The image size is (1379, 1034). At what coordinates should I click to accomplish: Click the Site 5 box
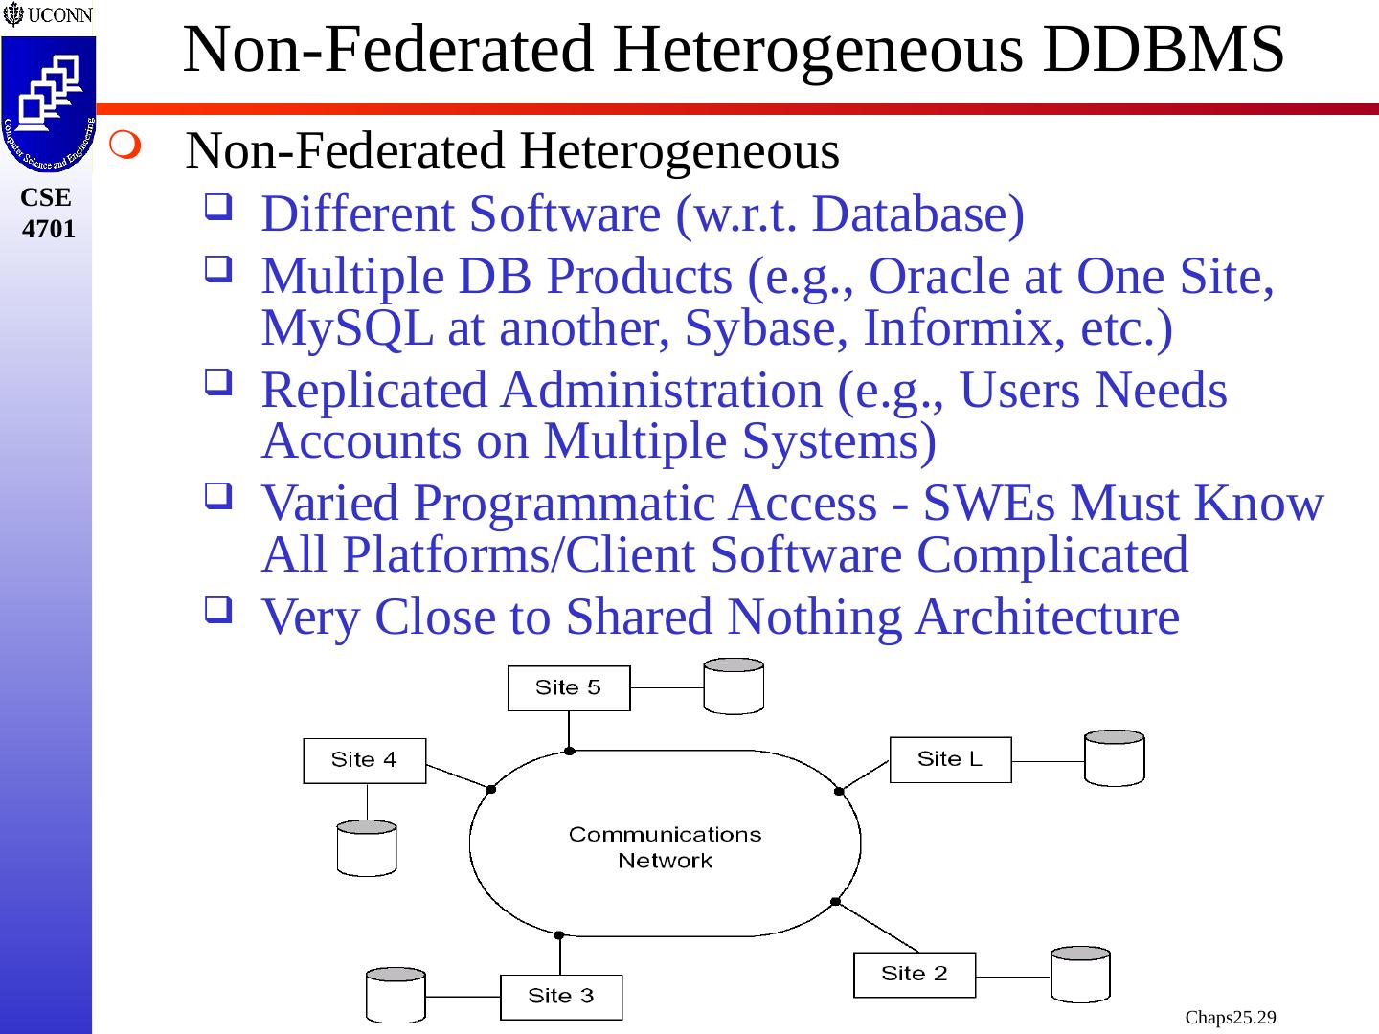(568, 688)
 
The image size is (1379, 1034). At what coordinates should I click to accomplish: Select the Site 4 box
(364, 760)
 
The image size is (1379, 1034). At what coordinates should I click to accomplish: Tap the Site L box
(950, 759)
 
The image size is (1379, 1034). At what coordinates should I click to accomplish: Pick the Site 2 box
(914, 974)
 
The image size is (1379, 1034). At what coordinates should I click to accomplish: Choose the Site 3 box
(560, 997)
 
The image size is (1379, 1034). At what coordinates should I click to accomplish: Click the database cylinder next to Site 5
(734, 686)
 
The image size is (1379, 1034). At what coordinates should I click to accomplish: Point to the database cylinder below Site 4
(367, 847)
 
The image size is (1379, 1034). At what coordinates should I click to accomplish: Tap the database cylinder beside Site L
(1114, 758)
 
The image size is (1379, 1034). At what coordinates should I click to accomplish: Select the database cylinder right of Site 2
(1080, 975)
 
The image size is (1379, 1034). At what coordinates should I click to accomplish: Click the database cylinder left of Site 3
(396, 995)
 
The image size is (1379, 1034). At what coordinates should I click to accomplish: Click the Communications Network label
(665, 846)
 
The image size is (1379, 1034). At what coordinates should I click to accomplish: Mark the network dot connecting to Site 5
(569, 751)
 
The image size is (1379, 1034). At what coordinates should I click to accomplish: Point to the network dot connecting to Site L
(839, 791)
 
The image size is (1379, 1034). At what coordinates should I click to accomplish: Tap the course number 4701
(48, 229)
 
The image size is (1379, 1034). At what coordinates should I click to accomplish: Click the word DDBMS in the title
(1163, 50)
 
